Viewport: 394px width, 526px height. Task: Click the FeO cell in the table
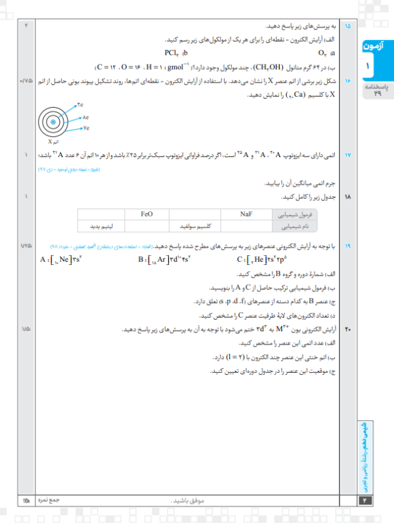tap(147, 214)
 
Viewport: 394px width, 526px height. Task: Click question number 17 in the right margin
tap(348, 156)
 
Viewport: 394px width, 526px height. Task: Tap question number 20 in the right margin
tap(348, 327)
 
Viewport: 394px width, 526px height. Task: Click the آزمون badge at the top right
tap(377, 49)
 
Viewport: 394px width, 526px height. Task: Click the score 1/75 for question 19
tap(26, 245)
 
